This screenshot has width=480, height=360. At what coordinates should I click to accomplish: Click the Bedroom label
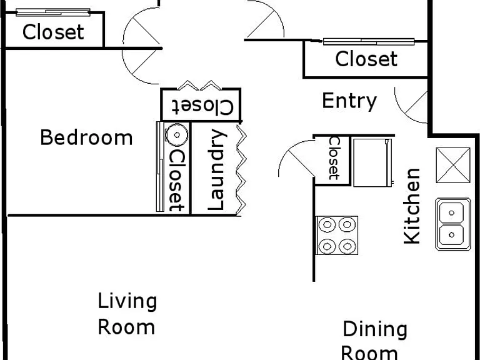[86, 137]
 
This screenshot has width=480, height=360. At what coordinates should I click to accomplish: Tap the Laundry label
[217, 170]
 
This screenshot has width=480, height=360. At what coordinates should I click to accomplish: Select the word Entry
[349, 102]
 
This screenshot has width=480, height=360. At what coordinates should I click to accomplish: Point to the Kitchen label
[412, 206]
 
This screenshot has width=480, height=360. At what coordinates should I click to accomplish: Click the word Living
[127, 302]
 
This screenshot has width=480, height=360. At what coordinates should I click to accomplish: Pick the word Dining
[375, 330]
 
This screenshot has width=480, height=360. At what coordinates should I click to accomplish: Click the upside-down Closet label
[202, 106]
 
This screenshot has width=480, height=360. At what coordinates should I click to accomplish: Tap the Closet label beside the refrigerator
[334, 158]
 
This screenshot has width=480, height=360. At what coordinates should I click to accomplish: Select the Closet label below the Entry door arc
[366, 59]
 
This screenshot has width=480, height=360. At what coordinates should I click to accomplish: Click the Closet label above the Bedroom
[53, 32]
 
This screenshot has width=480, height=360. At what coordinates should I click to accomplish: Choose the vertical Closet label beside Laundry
[177, 181]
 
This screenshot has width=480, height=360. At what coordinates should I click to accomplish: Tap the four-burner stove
[337, 236]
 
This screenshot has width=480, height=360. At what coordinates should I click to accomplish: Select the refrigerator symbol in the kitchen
[372, 162]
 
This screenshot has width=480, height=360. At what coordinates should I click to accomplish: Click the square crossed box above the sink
[453, 165]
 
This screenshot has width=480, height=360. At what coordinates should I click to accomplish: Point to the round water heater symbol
[177, 135]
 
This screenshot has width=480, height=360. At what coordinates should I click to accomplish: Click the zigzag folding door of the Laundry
[241, 170]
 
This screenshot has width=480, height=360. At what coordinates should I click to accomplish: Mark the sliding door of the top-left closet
[53, 12]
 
